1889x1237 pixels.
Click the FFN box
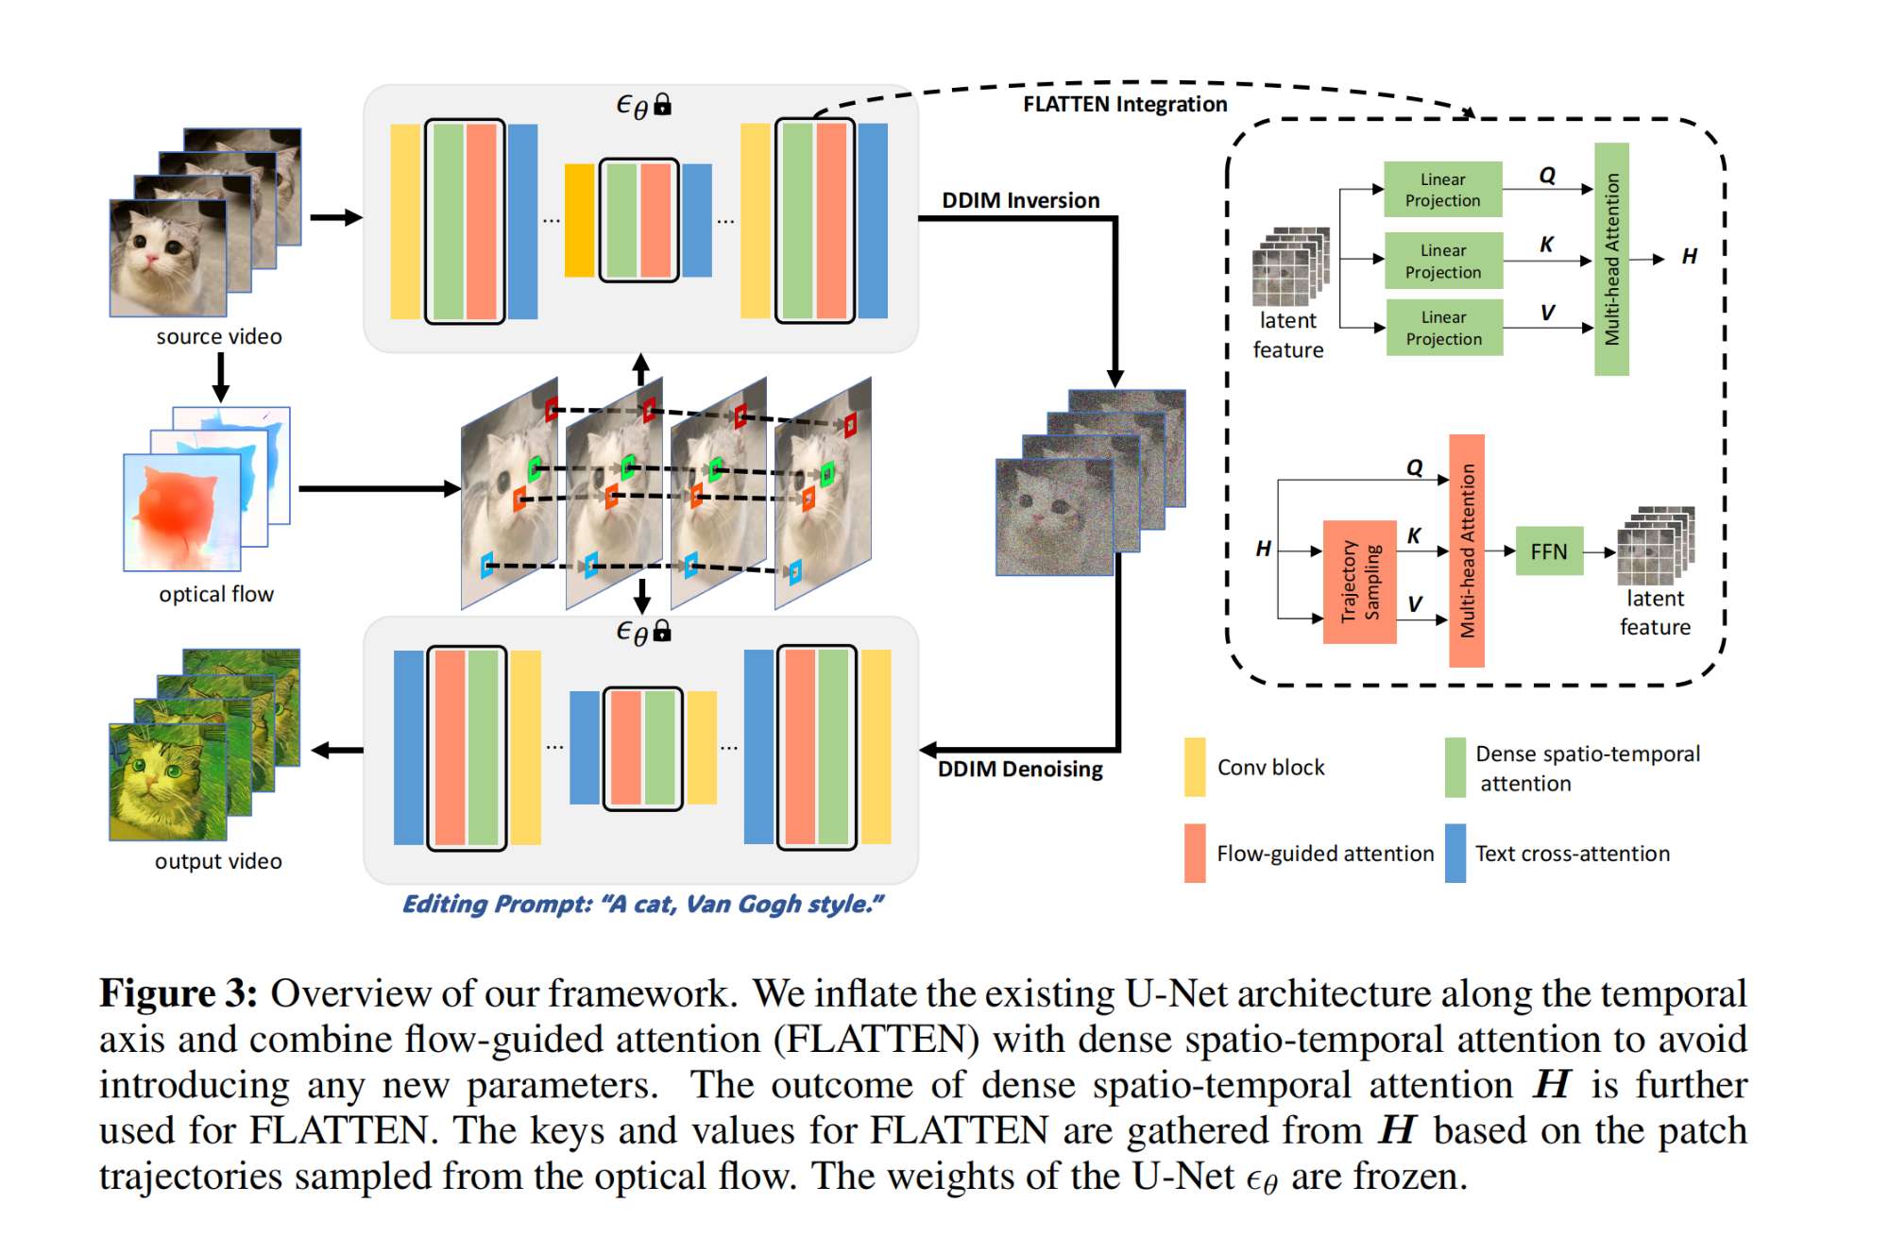pyautogui.click(x=1548, y=551)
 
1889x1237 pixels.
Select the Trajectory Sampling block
pyautogui.click(x=1359, y=582)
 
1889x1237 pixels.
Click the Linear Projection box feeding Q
pyautogui.click(x=1442, y=190)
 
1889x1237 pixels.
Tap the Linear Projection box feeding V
pyautogui.click(x=1443, y=328)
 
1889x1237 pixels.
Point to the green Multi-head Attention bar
pyautogui.click(x=1611, y=259)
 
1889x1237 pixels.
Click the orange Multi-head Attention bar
pyautogui.click(x=1467, y=551)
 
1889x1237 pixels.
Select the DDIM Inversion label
pyautogui.click(x=1020, y=200)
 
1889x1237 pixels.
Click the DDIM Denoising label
pyautogui.click(x=1020, y=769)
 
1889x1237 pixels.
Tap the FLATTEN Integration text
pyautogui.click(x=1124, y=104)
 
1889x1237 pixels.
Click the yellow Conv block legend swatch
pyautogui.click(x=1195, y=767)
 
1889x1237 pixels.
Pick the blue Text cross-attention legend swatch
pyautogui.click(x=1455, y=854)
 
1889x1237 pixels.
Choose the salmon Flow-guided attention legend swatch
pyautogui.click(x=1195, y=854)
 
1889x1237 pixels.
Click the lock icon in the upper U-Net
pyautogui.click(x=663, y=104)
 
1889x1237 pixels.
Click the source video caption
pyautogui.click(x=218, y=337)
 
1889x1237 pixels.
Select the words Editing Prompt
pyautogui.click(x=495, y=905)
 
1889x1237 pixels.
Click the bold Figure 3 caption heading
pyautogui.click(x=178, y=994)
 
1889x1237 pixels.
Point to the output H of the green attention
pyautogui.click(x=1689, y=257)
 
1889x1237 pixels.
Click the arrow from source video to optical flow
pyautogui.click(x=220, y=378)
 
